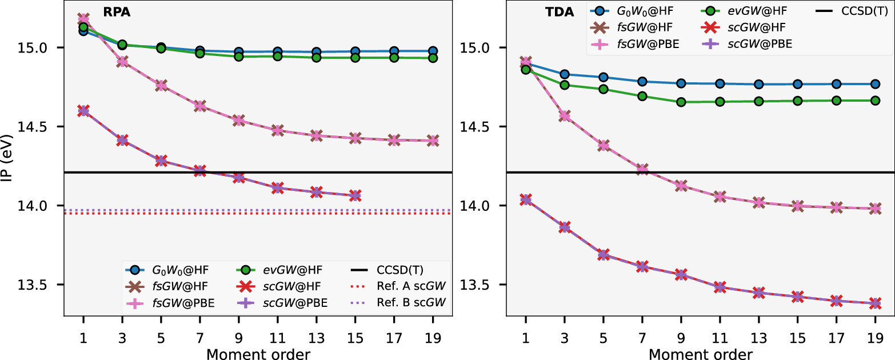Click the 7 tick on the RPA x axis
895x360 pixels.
[199, 337]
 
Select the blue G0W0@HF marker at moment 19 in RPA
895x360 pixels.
[433, 51]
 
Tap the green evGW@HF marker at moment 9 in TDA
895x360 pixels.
[681, 102]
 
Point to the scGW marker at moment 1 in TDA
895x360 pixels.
[525, 199]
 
